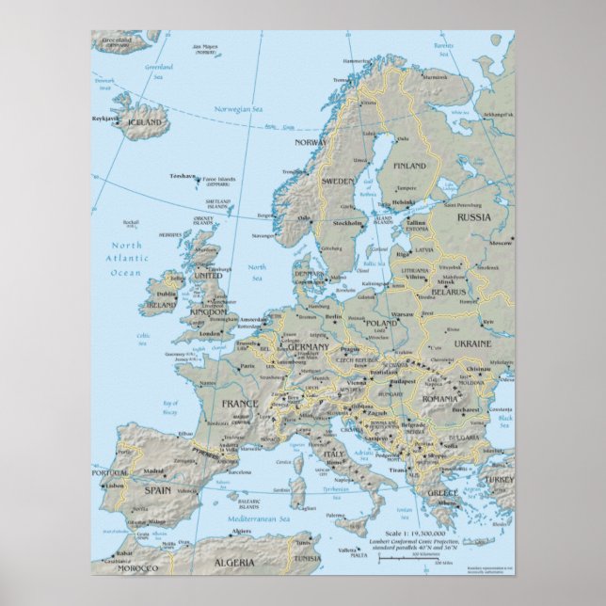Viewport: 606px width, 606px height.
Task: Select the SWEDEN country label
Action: coord(338,179)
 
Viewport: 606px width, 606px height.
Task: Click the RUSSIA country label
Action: coord(475,217)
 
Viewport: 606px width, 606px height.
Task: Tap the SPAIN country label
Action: coord(151,489)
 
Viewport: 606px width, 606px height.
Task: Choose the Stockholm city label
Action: coord(347,223)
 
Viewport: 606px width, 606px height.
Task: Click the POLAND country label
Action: coord(381,323)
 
